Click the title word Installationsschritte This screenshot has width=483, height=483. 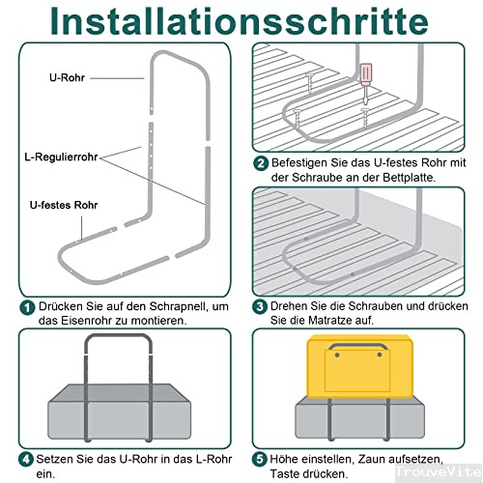pos(241,21)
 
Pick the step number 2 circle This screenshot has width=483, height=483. pos(261,163)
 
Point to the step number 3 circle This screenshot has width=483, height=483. pos(261,307)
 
